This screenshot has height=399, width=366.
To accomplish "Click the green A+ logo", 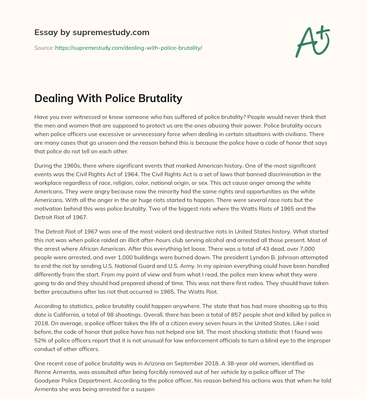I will (312, 41).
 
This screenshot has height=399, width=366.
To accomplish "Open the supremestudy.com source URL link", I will (128, 48).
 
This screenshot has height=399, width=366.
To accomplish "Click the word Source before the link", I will (44, 48).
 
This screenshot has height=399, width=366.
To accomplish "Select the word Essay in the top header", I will (44, 33).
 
